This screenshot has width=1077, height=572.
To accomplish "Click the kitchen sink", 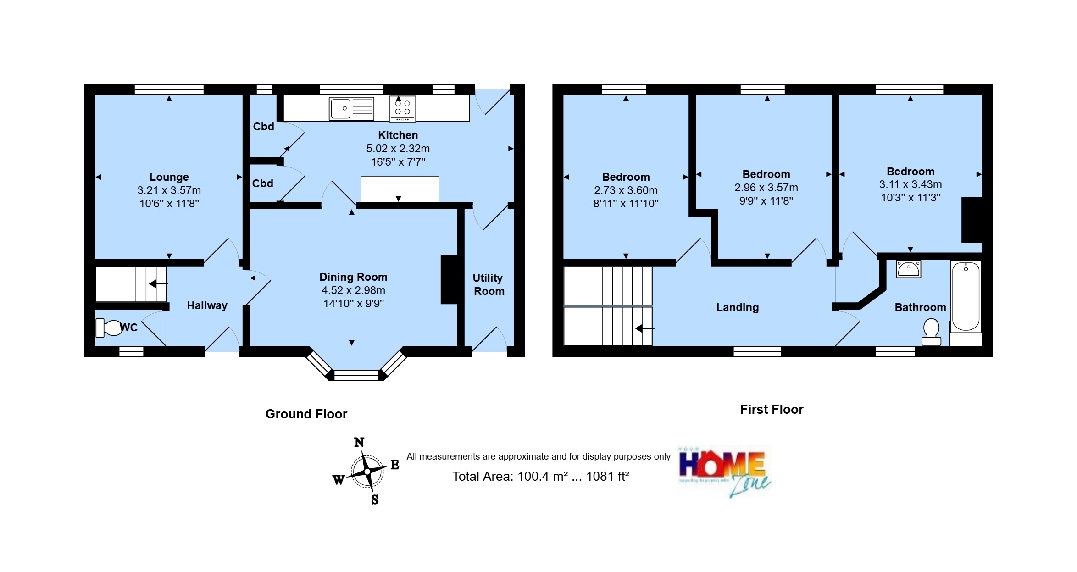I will (x=351, y=109).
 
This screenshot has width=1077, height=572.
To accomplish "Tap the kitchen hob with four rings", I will (x=402, y=109).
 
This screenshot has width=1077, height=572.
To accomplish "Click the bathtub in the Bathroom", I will (x=965, y=296).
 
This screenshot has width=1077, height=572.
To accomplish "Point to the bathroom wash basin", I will (x=908, y=269).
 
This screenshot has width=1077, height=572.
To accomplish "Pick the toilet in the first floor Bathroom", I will (x=931, y=332).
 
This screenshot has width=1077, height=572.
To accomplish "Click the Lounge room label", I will (x=169, y=177).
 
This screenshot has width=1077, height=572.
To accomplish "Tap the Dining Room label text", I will (x=353, y=277).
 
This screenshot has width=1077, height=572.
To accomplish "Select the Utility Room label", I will (x=489, y=284).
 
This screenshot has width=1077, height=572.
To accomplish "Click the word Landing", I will (x=737, y=307).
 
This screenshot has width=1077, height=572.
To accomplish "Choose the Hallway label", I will (x=207, y=305).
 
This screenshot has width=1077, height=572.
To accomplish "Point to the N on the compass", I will (x=359, y=442).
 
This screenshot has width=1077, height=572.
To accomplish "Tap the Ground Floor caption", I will (x=306, y=414).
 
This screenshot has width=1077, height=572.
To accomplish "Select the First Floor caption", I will (x=772, y=409).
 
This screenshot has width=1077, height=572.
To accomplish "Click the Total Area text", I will (x=540, y=477).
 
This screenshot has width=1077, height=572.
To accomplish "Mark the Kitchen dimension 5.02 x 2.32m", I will (x=398, y=149).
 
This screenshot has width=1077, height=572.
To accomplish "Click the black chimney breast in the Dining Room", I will (x=449, y=279).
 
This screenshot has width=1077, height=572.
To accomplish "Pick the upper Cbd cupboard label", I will (x=263, y=127).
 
